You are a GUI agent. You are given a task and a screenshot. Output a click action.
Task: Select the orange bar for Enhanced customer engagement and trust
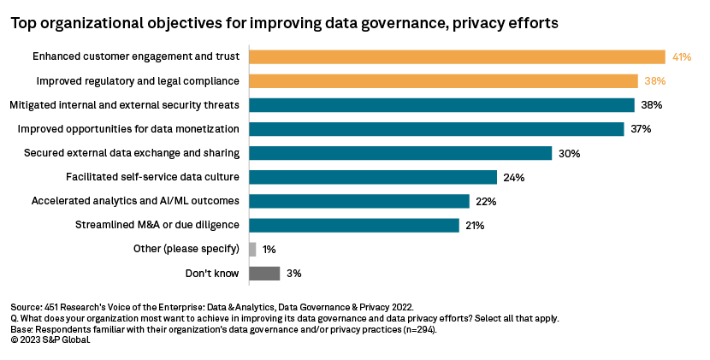457,56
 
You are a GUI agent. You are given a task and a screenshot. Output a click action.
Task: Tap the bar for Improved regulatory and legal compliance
443,80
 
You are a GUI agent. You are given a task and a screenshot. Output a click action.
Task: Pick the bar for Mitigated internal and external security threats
441,105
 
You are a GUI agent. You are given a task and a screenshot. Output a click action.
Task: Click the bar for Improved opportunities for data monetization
436,129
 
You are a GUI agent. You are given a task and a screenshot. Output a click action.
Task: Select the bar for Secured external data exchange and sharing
399,153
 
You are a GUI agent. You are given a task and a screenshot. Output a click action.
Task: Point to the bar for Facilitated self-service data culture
372,177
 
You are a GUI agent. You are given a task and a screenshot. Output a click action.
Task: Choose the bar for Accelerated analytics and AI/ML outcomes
359,201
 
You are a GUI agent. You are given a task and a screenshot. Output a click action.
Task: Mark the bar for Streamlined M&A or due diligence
354,225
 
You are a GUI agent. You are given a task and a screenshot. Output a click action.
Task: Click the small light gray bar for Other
252,249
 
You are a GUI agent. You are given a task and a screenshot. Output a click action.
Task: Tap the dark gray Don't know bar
264,274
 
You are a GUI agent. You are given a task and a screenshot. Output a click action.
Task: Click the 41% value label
681,57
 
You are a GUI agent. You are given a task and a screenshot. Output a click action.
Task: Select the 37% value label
641,129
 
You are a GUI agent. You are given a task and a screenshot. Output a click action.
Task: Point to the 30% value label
569,154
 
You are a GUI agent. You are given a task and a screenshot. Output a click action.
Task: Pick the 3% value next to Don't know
294,274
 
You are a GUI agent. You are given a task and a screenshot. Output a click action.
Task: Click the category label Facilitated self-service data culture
152,177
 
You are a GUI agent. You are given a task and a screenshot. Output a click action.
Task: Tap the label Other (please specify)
186,249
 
